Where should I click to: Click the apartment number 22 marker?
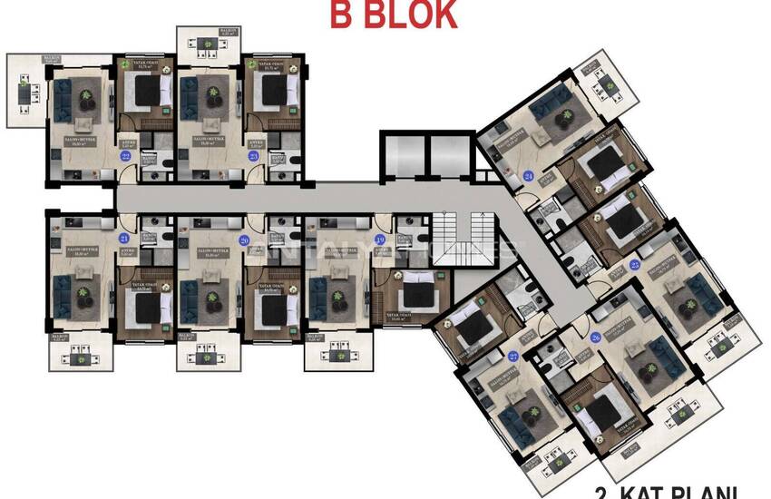pos(125,155)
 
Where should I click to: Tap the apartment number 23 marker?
pos(254,155)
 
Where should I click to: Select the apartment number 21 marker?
pos(123,239)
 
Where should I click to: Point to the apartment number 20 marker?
pos(243,240)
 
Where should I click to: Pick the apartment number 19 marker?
pos(380,240)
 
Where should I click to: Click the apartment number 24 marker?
pos(528,176)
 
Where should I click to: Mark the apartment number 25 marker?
pos(635,264)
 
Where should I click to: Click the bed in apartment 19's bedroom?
pos(416,298)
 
